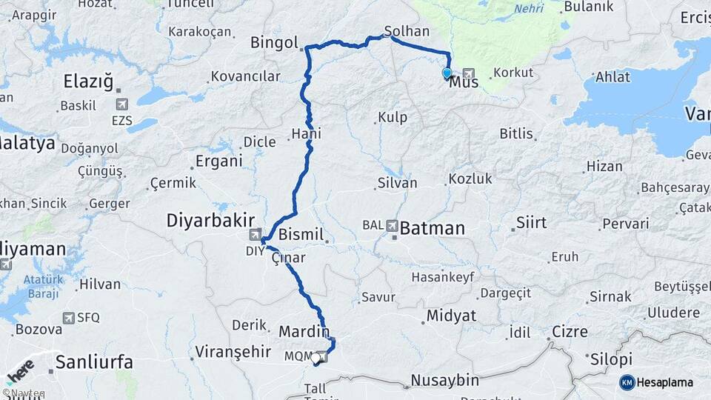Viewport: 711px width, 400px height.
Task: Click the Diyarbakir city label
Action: pyautogui.click(x=210, y=220)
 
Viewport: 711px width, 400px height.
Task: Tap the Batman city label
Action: pyautogui.click(x=432, y=228)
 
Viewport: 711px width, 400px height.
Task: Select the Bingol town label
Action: pyautogui.click(x=274, y=41)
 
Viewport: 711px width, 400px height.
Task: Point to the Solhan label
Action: pyautogui.click(x=407, y=31)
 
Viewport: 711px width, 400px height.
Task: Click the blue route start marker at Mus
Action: pyautogui.click(x=447, y=73)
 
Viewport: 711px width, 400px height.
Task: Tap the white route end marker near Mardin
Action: pyautogui.click(x=316, y=359)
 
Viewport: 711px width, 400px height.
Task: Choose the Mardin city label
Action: pyautogui.click(x=304, y=332)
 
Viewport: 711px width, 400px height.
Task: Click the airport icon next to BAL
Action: pyautogui.click(x=391, y=225)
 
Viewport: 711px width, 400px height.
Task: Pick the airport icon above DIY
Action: pyautogui.click(x=255, y=236)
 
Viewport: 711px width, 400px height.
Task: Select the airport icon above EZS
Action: pyautogui.click(x=121, y=104)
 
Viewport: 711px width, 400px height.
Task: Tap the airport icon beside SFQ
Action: pyautogui.click(x=70, y=318)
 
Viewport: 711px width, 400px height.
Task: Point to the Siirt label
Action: pyautogui.click(x=531, y=222)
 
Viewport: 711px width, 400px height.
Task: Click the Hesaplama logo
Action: pyautogui.click(x=656, y=382)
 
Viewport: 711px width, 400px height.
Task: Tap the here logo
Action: pyautogui.click(x=21, y=370)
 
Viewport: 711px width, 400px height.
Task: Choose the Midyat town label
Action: pyautogui.click(x=451, y=316)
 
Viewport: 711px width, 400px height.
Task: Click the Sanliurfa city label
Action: pyautogui.click(x=94, y=362)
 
